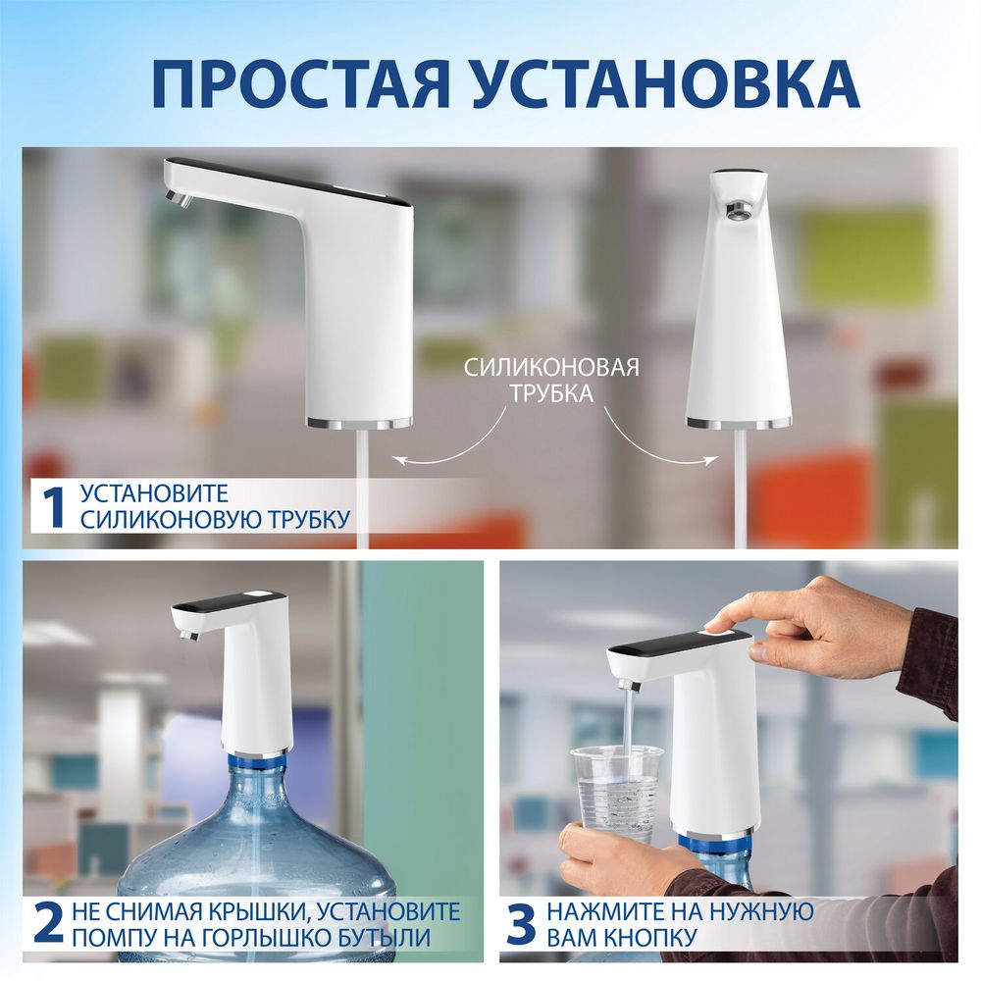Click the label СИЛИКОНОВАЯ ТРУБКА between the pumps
pos(550,381)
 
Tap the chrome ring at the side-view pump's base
pos(359,424)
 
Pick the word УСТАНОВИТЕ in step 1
pos(154,493)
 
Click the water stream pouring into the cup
pos(628,716)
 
